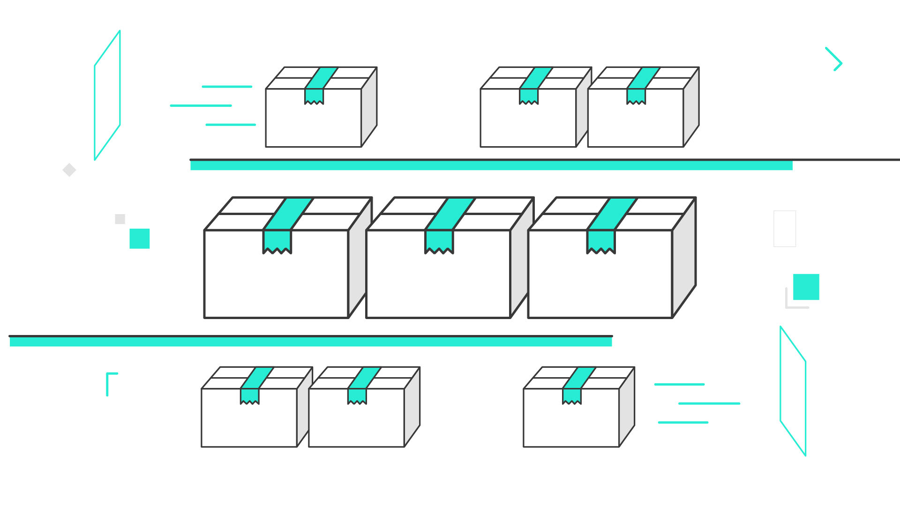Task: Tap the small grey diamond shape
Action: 69,170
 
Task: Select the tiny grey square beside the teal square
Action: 120,219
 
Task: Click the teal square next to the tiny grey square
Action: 140,238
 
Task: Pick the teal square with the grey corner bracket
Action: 806,287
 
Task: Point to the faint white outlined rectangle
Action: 784,229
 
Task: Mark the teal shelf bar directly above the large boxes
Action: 491,165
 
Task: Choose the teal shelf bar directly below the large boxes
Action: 310,342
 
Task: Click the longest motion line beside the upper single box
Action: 201,106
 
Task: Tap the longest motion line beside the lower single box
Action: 709,403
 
